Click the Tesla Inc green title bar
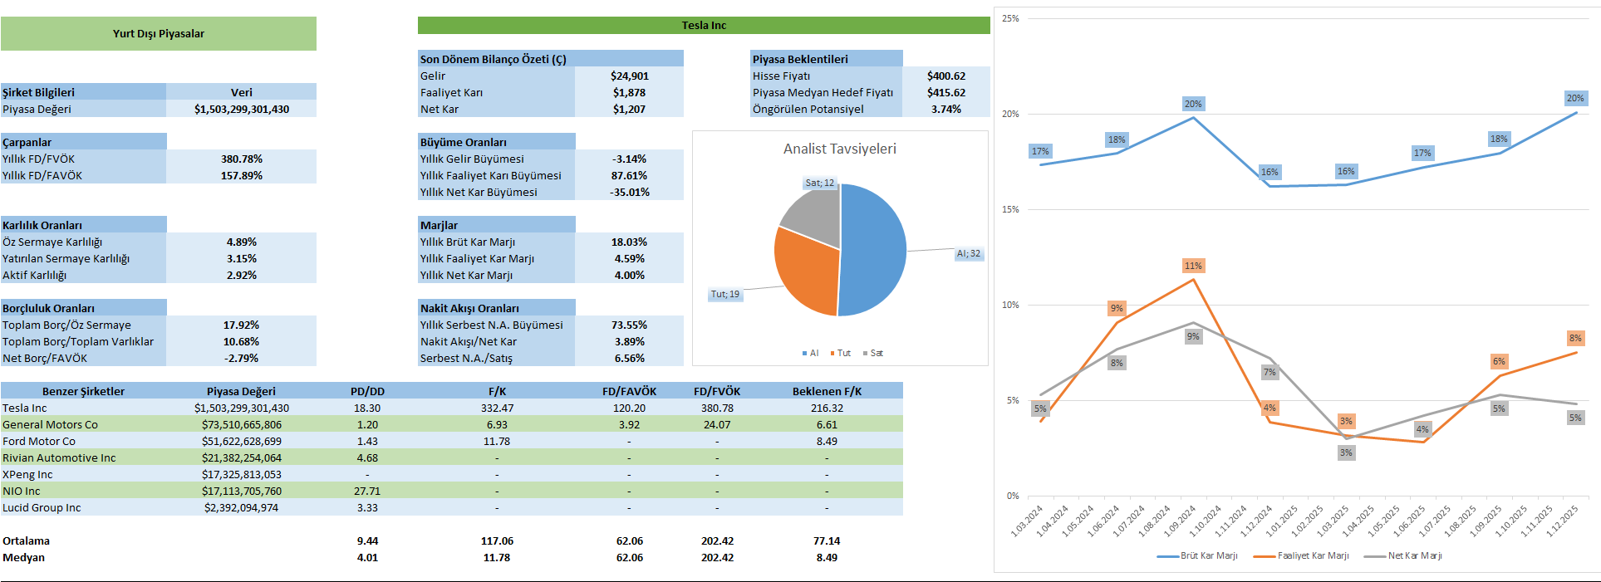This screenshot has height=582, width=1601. coord(704,26)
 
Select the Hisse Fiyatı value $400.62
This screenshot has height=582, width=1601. coord(946,76)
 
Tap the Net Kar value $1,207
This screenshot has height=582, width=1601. coord(629,109)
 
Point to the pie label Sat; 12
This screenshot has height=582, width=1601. coord(819,183)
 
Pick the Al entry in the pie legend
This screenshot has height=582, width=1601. coord(810,353)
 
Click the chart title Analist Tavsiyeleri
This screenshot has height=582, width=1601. coord(839,149)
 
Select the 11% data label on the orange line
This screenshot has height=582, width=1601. coord(1193,266)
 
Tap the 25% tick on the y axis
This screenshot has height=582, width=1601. coord(1010,18)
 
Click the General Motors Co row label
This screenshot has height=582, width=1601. coord(50,424)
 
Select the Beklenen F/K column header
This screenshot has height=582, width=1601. coord(827,391)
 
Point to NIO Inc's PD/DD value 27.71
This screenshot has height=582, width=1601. coord(367,491)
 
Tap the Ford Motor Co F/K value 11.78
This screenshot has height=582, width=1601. coord(497,441)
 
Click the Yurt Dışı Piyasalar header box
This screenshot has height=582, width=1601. coord(159,34)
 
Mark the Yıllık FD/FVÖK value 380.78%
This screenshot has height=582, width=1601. coord(242,159)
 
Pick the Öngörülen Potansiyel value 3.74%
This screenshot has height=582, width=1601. coord(946,109)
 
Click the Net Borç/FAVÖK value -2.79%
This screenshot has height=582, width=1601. coord(242,358)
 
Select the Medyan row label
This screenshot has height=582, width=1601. coord(24,557)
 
